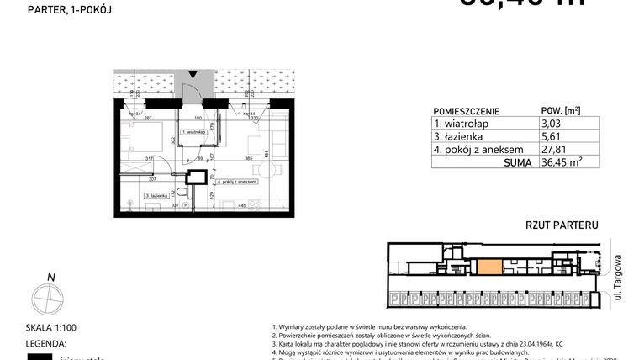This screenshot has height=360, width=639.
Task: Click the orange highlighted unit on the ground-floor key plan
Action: (488, 268)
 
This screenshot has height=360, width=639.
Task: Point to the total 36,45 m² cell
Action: (559, 164)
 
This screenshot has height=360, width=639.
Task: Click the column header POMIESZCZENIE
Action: (466, 110)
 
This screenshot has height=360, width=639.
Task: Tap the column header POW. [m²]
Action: (560, 110)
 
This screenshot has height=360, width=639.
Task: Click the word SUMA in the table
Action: (516, 164)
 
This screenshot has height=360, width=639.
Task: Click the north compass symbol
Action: (50, 298)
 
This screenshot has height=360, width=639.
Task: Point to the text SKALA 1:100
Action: (50, 329)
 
